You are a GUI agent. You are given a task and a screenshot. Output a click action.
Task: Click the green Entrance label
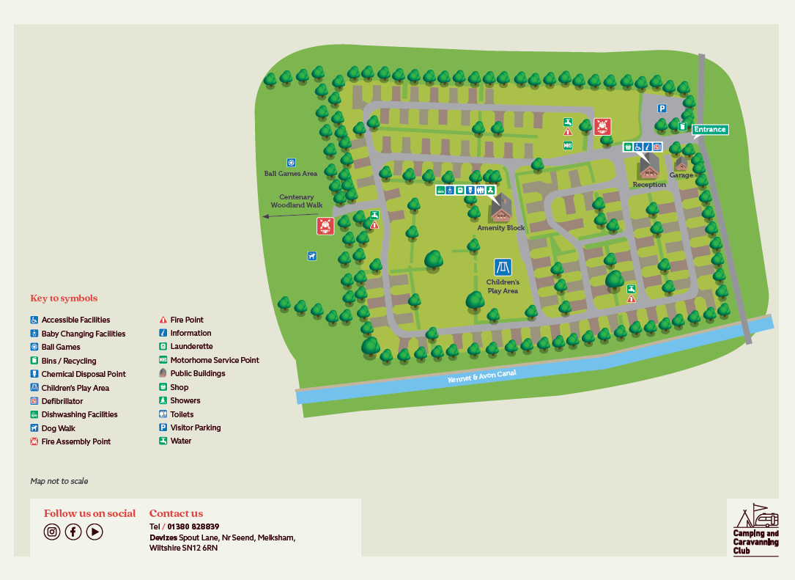[x=710, y=130]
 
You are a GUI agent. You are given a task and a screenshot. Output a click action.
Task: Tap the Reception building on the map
[x=648, y=168]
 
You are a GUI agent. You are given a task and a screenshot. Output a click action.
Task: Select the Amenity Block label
[x=501, y=228]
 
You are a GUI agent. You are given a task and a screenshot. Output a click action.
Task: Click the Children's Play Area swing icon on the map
[x=503, y=267]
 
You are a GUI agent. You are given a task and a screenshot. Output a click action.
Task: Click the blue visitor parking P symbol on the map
[x=662, y=109]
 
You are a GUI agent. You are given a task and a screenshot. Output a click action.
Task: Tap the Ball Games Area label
[x=291, y=174]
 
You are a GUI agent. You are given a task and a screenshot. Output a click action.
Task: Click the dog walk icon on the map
[x=312, y=256]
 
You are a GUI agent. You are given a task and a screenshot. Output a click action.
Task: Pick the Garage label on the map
[x=681, y=176]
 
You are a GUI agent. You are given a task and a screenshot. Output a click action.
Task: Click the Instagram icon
[x=51, y=532]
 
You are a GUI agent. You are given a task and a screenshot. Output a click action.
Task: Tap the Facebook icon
[x=73, y=532]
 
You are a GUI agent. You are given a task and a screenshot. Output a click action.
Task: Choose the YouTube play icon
[x=95, y=532]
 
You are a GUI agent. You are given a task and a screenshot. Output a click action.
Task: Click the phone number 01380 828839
[x=193, y=526]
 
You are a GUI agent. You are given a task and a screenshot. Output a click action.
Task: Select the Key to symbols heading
[x=64, y=298]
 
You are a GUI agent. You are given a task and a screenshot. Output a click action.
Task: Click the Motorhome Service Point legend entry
[x=214, y=360]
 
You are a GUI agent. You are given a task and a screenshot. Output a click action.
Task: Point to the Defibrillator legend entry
[x=62, y=401]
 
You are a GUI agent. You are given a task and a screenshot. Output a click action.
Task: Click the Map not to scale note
[x=59, y=481]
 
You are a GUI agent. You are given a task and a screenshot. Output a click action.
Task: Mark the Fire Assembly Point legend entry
[x=75, y=441]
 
